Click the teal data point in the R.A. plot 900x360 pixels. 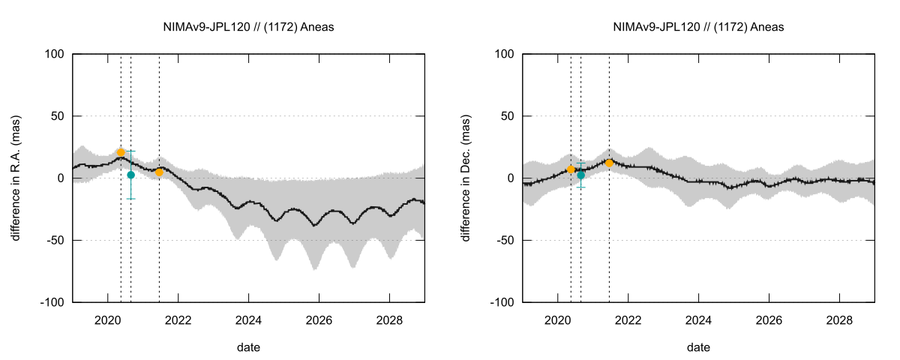[130, 175]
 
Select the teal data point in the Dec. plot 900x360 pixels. [580, 175]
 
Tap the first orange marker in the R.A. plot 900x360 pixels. [121, 152]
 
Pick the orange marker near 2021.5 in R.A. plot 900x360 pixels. [159, 172]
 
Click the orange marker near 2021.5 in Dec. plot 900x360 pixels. [609, 163]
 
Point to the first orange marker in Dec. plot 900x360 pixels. [571, 169]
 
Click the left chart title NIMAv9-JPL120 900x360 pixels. [249, 27]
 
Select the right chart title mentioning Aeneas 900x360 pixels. [699, 27]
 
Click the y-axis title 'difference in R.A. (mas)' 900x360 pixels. [16, 178]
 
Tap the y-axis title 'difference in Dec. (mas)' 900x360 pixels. [466, 178]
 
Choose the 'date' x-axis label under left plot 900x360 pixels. [249, 347]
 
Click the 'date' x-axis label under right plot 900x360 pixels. [699, 347]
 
